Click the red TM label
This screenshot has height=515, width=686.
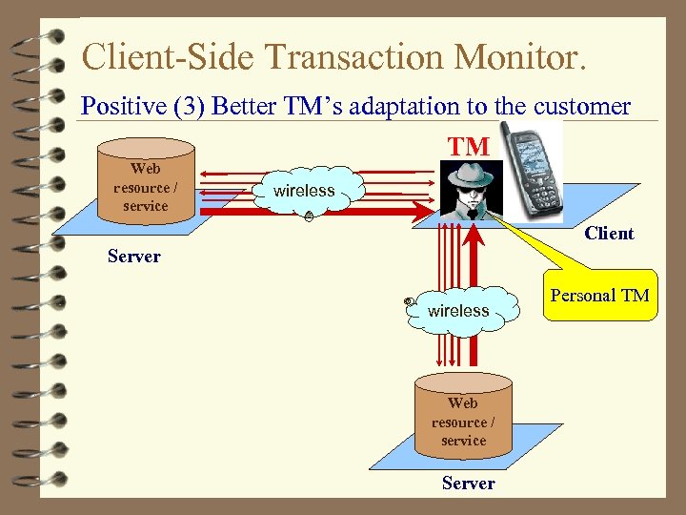coord(469,147)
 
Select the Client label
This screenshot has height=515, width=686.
coord(609,234)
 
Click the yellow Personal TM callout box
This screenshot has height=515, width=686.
coord(599,296)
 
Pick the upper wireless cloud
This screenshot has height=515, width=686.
coord(304,191)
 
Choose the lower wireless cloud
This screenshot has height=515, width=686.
coord(458,310)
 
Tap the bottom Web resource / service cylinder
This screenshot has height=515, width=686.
coord(463,420)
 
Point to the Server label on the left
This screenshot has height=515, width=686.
coord(134,256)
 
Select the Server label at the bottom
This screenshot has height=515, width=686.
coord(468,484)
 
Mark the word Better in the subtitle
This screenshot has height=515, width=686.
coord(242,106)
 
